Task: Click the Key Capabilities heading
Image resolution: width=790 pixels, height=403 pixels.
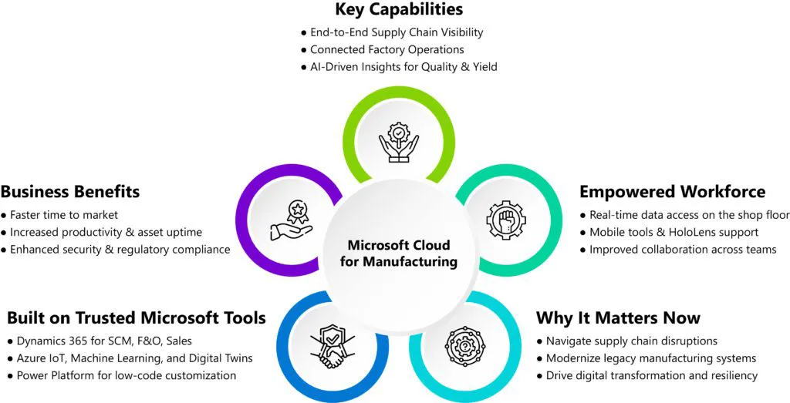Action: (x=399, y=10)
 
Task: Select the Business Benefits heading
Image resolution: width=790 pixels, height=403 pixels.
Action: (x=69, y=191)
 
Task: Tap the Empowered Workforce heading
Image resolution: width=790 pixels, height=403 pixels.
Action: (x=672, y=191)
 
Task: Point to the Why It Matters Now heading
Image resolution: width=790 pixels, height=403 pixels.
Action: (x=618, y=317)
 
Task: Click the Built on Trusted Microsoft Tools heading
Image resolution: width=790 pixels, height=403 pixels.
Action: (x=136, y=317)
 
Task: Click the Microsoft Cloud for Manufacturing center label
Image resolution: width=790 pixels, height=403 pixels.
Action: (x=398, y=254)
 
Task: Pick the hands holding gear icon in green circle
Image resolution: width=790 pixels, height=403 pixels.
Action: (x=398, y=142)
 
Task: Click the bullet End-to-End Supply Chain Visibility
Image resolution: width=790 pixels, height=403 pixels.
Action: (x=396, y=32)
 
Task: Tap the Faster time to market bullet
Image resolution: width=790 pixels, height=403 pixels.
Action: (x=64, y=214)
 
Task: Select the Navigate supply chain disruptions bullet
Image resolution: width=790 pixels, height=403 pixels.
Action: (x=631, y=341)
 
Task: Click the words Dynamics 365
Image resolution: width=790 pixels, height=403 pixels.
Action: (x=50, y=341)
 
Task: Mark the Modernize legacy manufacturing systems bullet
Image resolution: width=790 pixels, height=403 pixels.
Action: (x=650, y=358)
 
